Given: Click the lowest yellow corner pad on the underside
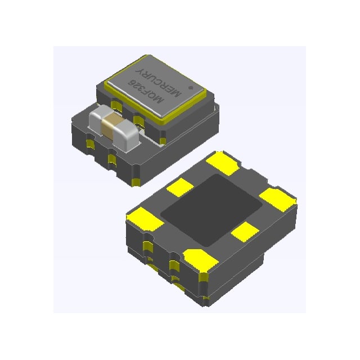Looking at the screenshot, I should (200, 260).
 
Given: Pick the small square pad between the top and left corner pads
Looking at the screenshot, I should (182, 187).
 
